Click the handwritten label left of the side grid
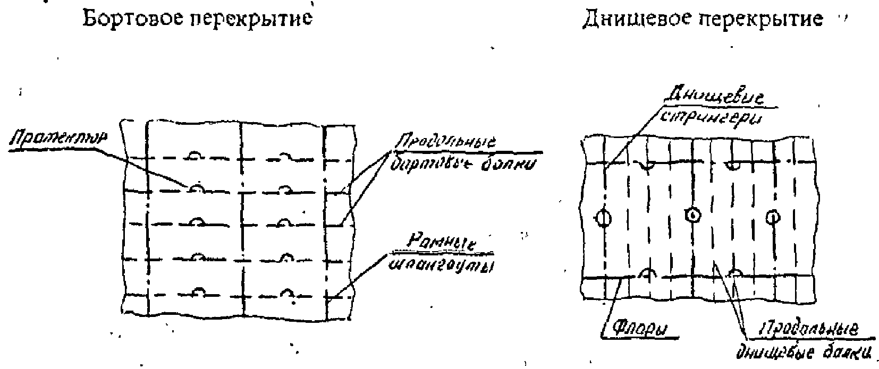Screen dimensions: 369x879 (x=58, y=139)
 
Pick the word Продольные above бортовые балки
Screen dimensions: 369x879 (x=445, y=143)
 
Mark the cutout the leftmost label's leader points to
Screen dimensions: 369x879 (x=196, y=188)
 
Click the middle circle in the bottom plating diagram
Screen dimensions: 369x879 (x=692, y=215)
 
